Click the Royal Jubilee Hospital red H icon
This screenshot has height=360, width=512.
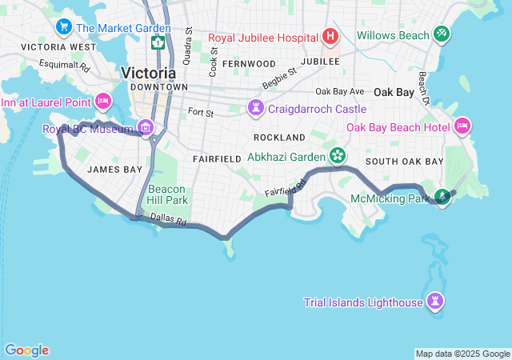point(330,37)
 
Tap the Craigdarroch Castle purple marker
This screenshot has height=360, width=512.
point(255,107)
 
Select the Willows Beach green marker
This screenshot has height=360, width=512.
point(441,34)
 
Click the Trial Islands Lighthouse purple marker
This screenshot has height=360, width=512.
point(435,302)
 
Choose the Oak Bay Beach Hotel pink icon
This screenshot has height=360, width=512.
point(462,126)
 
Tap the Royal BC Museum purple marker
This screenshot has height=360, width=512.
point(145,127)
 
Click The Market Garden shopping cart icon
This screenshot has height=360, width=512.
point(63,28)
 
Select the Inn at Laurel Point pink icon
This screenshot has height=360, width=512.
point(102,101)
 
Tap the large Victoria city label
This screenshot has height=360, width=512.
point(148,73)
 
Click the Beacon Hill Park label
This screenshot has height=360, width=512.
point(167,194)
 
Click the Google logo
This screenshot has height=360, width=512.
point(26,350)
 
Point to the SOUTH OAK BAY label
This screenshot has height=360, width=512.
point(404,162)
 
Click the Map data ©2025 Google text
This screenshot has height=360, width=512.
point(462,354)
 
